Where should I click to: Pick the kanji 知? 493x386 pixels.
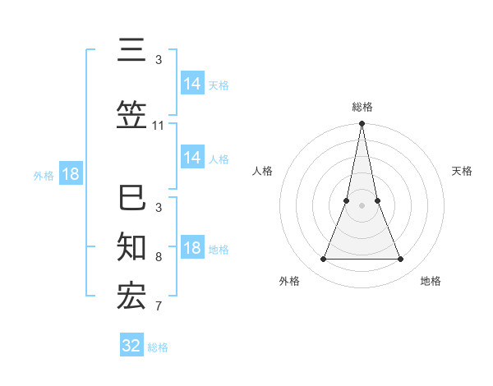click(131, 246)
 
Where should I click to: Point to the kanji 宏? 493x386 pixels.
click(131, 296)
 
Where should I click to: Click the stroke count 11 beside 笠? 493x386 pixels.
click(159, 126)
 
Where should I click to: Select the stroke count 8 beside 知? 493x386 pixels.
click(159, 257)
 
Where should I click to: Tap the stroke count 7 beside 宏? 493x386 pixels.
click(159, 306)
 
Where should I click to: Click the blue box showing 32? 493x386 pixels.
click(131, 346)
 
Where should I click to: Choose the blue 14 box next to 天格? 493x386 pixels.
click(192, 84)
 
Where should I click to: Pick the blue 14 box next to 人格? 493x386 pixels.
click(192, 158)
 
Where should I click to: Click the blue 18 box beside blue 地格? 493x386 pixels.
click(192, 249)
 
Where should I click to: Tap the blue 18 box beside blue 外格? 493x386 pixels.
click(71, 174)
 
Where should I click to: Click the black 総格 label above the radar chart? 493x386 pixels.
click(362, 107)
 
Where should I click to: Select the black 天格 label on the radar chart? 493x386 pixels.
click(462, 171)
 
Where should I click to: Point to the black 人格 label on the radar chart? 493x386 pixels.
click(263, 171)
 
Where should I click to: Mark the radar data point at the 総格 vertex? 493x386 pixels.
click(362, 124)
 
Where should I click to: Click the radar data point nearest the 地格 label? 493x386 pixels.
click(401, 260)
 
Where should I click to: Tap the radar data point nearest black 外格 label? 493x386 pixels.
click(323, 260)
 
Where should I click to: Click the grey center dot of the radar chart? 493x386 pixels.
click(362, 205)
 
